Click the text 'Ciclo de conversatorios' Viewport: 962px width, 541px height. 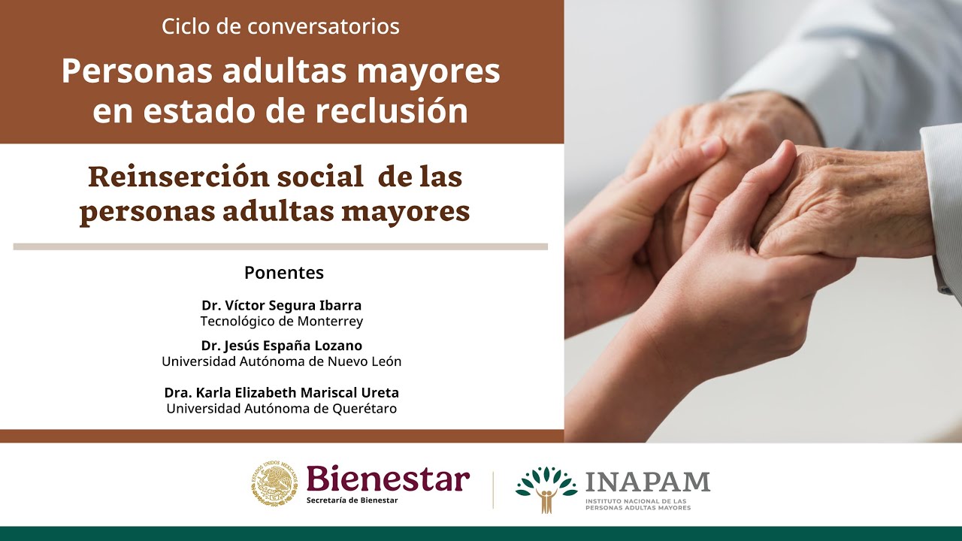click(x=280, y=27)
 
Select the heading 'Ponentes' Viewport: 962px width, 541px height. click(x=283, y=273)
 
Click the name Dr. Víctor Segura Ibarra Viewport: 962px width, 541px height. click(x=281, y=306)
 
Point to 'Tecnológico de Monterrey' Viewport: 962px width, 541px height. click(x=281, y=322)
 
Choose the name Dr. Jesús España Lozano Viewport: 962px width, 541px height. click(x=281, y=346)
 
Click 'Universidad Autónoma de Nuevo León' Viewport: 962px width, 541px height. click(x=281, y=361)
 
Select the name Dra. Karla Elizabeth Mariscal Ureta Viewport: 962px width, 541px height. click(x=281, y=393)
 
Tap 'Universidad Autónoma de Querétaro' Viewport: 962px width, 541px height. click(x=281, y=409)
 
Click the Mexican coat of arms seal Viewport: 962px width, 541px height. click(x=274, y=484)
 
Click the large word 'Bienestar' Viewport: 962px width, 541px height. click(x=388, y=479)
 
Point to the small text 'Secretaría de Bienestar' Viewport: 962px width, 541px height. click(x=352, y=500)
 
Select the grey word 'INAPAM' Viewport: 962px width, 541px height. click(x=647, y=482)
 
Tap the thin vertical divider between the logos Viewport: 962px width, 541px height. click(x=493, y=489)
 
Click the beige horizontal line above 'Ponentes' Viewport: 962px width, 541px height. click(x=280, y=246)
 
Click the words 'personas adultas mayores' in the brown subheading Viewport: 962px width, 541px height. click(x=274, y=212)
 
